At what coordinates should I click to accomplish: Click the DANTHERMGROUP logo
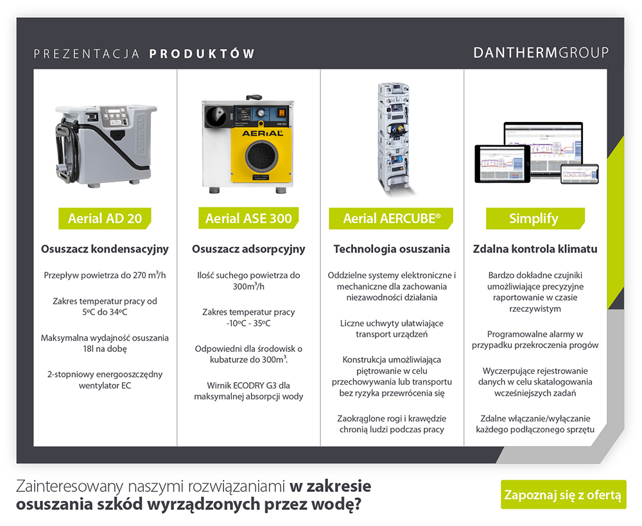(x=541, y=53)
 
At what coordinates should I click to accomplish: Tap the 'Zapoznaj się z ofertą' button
(x=563, y=495)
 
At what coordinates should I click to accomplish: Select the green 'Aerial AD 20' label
(x=105, y=218)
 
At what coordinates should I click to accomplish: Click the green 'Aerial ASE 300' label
(x=248, y=218)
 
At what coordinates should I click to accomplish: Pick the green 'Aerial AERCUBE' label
(x=392, y=218)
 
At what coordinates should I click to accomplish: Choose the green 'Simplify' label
(x=534, y=218)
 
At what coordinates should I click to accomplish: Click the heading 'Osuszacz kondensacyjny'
(x=105, y=249)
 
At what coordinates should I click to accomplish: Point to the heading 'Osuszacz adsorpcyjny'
(x=248, y=249)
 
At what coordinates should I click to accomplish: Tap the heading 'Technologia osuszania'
(x=392, y=249)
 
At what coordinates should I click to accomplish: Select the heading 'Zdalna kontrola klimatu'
(x=535, y=249)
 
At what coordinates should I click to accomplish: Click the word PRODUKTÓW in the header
(x=202, y=53)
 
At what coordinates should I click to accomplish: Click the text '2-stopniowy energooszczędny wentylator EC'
(x=105, y=380)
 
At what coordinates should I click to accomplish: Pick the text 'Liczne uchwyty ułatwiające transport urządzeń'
(x=392, y=328)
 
